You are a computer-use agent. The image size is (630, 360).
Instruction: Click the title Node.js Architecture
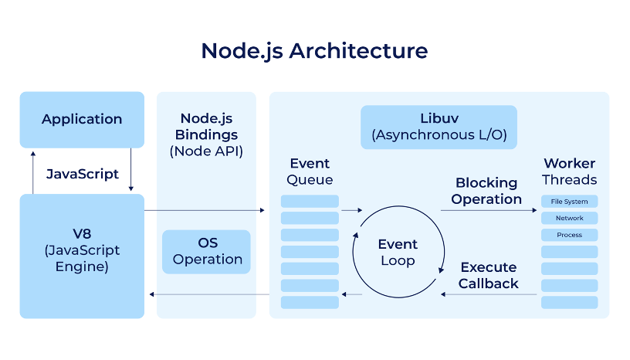tap(314, 51)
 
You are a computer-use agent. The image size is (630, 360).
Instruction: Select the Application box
tap(82, 119)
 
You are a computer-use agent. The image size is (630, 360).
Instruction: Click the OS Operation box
tap(206, 251)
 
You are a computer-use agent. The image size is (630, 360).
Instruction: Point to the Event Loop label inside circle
tap(398, 253)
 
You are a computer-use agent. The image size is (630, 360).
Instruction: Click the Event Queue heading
tap(310, 172)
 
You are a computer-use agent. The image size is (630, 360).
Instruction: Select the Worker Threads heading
tap(569, 172)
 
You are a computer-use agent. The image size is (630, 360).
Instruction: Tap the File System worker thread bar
tap(569, 202)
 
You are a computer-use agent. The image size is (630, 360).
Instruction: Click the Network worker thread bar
tap(569, 218)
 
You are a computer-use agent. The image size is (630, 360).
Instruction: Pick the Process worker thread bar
tap(569, 235)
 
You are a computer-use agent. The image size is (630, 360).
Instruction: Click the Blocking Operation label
tap(486, 191)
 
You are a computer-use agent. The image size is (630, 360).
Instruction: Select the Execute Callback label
tap(488, 276)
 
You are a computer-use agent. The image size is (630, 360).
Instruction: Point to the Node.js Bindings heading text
tap(206, 127)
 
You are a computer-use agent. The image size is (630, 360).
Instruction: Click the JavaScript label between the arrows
tap(83, 174)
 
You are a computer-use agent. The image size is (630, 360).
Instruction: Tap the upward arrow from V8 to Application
tap(33, 172)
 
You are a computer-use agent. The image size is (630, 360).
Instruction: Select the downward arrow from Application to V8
tap(131, 172)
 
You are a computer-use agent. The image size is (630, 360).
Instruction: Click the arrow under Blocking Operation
tap(488, 210)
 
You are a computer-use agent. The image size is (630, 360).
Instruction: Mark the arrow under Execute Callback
tap(488, 294)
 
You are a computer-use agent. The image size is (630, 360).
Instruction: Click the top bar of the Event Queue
tap(310, 202)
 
